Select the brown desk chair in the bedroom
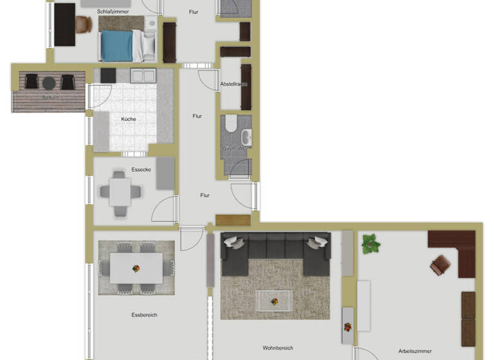click(x=84, y=24)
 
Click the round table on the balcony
click(x=49, y=82)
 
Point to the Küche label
click(x=128, y=119)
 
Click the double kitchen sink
click(x=143, y=76)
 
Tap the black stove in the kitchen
click(x=107, y=76)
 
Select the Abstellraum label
click(x=234, y=84)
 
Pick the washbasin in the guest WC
click(x=246, y=137)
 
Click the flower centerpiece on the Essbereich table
click(x=136, y=268)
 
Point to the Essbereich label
click(x=144, y=315)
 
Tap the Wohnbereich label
click(x=278, y=348)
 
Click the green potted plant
click(x=370, y=244)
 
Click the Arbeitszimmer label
click(x=415, y=351)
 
